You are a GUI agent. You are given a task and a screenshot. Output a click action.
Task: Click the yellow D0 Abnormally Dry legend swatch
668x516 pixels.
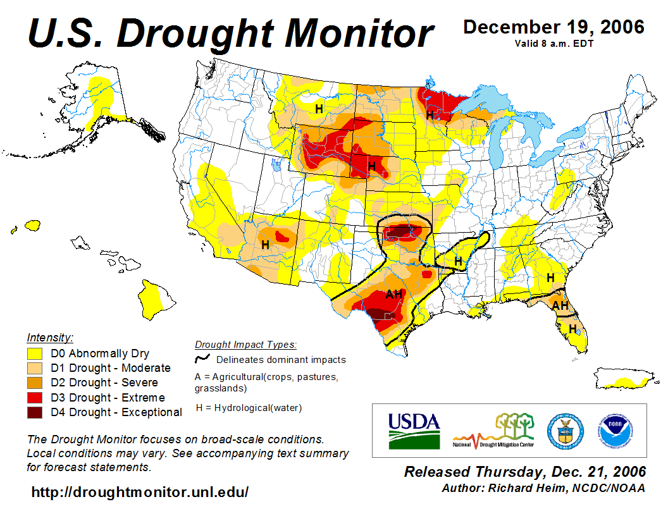pos(34,353)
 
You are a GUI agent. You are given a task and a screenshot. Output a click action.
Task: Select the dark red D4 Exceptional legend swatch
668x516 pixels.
pos(34,412)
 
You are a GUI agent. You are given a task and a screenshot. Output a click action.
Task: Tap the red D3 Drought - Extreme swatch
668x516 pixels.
pos(34,398)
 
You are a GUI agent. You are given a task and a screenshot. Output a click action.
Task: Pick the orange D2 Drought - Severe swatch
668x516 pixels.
pos(34,383)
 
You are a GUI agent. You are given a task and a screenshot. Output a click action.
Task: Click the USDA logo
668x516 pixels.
pos(414,431)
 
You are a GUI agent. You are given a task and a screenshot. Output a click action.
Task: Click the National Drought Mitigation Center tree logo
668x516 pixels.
pos(493,431)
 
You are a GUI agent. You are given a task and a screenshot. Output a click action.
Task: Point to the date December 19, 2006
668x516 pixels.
pos(554,27)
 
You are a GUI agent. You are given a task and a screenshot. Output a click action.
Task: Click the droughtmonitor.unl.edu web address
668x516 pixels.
pos(140,491)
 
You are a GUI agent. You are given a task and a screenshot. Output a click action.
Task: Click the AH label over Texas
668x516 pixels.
pos(394,294)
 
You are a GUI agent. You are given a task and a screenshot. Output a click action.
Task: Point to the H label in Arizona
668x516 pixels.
pos(265,244)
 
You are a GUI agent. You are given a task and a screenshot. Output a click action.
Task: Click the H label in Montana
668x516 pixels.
pos(319,109)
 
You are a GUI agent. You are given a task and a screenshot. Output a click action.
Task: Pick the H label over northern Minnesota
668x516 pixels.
pos(430,115)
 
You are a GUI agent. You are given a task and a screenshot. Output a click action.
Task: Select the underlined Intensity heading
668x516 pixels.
pos(50,337)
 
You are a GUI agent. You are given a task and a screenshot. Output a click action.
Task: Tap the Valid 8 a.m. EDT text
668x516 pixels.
pos(554,43)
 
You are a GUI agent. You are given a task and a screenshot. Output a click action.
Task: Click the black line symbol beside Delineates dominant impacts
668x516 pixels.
pos(203,359)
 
